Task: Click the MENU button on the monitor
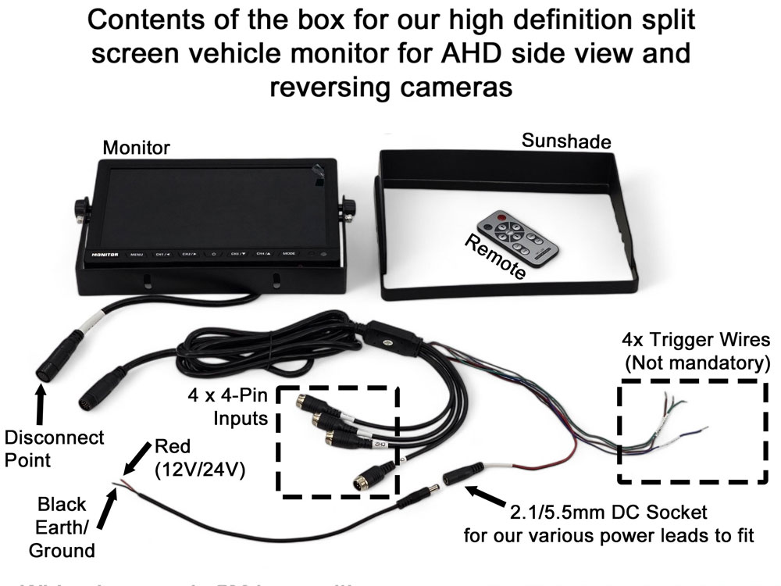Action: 137,254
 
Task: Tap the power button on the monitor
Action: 214,254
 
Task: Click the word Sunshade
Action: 565,141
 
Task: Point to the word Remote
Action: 497,257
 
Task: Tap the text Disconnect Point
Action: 54,448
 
